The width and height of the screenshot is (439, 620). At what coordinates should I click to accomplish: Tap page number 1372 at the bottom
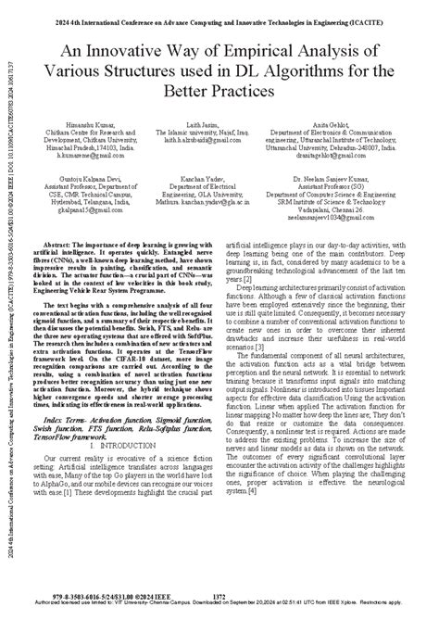219,597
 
